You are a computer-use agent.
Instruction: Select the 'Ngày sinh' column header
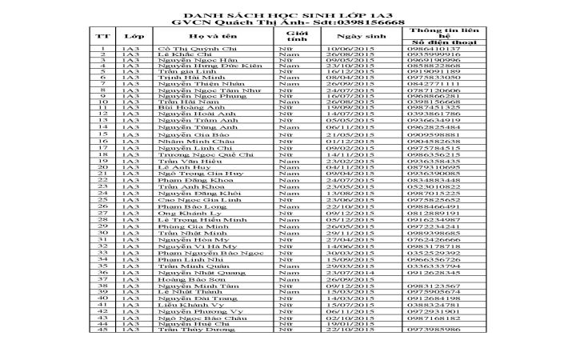click(356, 37)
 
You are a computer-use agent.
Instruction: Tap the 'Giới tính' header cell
click(297, 37)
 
